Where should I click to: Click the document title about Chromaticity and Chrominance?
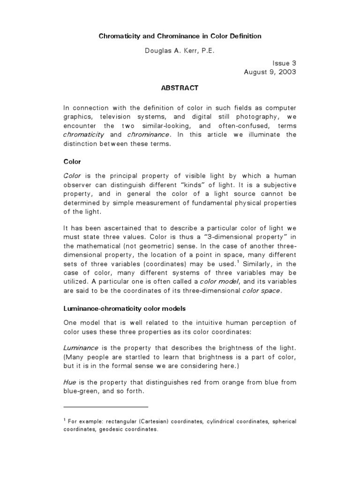click(180, 36)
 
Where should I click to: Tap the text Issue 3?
click(285, 62)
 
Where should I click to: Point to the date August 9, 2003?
click(270, 72)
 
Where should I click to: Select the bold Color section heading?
click(72, 162)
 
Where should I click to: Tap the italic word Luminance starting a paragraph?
click(81, 349)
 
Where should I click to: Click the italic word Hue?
click(69, 382)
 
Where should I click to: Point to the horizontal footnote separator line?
click(105, 407)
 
